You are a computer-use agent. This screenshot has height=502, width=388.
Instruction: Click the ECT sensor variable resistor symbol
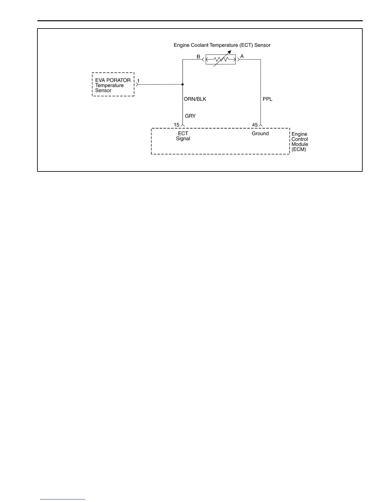[221, 59]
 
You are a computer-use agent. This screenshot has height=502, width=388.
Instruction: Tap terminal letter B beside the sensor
[198, 57]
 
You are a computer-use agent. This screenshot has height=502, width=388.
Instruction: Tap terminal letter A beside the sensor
[242, 56]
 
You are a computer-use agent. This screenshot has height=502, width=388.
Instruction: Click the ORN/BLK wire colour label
[195, 99]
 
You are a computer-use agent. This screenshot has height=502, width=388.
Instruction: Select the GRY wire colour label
[190, 116]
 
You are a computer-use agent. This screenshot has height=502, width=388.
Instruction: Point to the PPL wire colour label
[268, 99]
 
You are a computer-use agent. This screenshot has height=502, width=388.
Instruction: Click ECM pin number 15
[177, 125]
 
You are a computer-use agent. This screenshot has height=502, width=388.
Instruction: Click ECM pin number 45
[255, 125]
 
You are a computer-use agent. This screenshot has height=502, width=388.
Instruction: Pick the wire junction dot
[183, 84]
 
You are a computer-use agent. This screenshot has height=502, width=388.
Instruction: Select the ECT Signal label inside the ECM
[183, 136]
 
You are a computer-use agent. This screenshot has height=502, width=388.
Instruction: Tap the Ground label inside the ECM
[260, 133]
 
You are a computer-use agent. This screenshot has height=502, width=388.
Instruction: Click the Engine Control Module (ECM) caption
[300, 142]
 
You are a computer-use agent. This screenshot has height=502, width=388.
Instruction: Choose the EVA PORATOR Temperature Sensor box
[113, 85]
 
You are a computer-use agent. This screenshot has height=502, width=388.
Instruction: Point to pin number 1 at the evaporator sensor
[139, 81]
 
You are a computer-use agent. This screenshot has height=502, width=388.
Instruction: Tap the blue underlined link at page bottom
[63, 499]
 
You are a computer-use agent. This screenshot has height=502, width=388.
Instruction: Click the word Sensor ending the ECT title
[262, 45]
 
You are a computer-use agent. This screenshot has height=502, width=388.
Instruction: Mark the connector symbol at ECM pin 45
[261, 125]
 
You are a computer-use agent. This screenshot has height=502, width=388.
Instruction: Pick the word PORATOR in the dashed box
[119, 80]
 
